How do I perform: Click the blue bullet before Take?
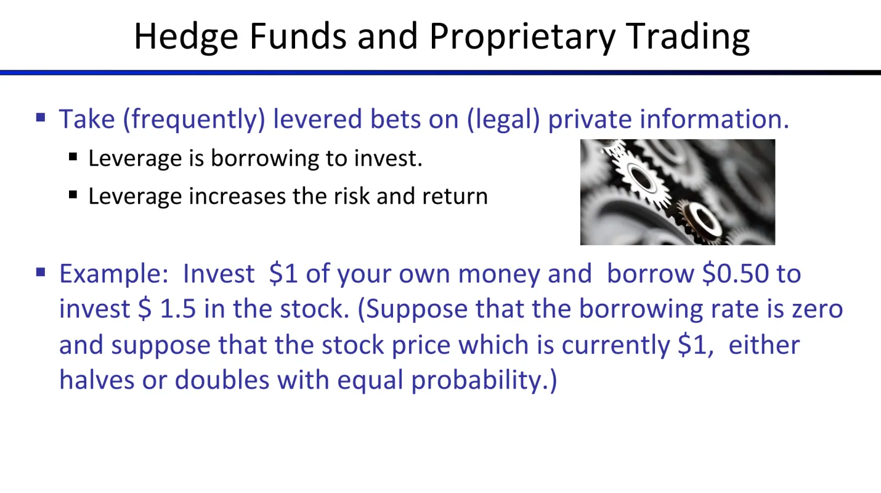pyautogui.click(x=41, y=117)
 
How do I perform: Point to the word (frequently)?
pyautogui.click(x=194, y=119)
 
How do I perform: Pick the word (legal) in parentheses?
pyautogui.click(x=503, y=119)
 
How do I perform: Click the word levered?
pyautogui.click(x=317, y=119)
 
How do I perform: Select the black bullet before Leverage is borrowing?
pyautogui.click(x=73, y=157)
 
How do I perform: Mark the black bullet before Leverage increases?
pyautogui.click(x=73, y=195)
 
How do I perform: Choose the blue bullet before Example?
pyautogui.click(x=41, y=272)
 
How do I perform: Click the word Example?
pyautogui.click(x=114, y=274)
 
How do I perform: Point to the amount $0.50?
pyautogui.click(x=735, y=273)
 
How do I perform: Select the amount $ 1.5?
pyautogui.click(x=167, y=309)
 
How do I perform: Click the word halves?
pyautogui.click(x=97, y=380)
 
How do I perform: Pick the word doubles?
pyautogui.click(x=222, y=380)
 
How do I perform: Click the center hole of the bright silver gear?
pyautogui.click(x=641, y=178)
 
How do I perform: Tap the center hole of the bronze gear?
pyautogui.click(x=702, y=218)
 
